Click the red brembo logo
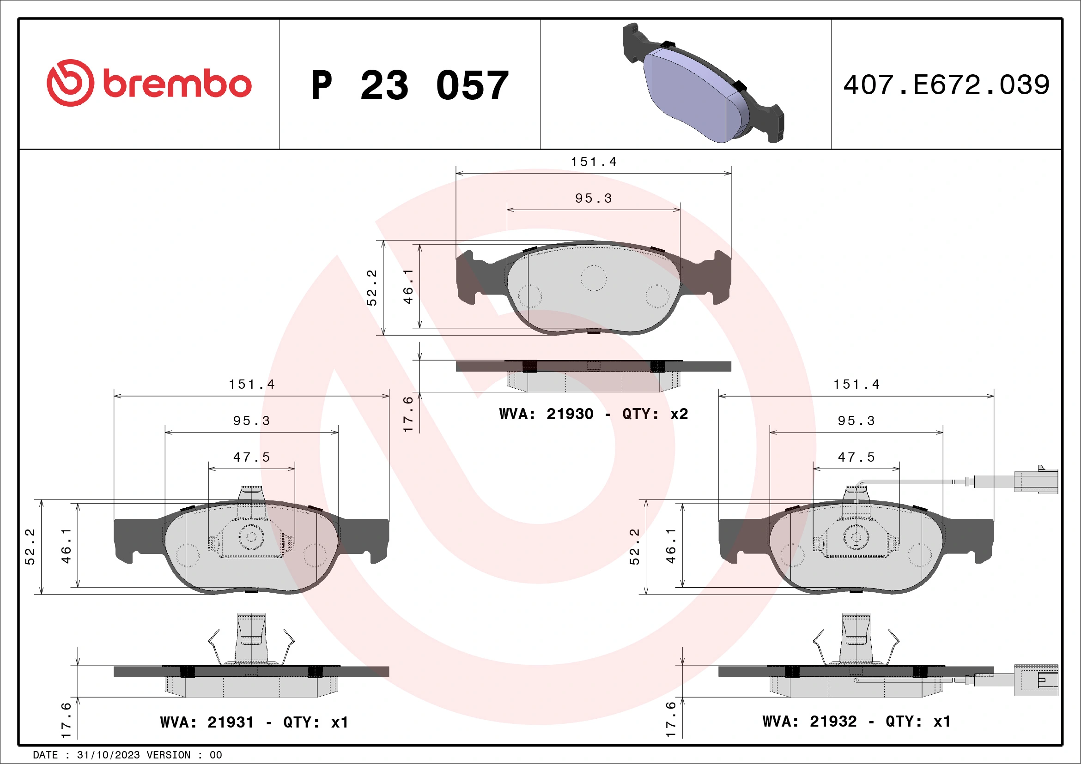149,83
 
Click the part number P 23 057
409,85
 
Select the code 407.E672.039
946,85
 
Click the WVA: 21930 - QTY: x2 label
593,414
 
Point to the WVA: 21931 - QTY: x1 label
254,722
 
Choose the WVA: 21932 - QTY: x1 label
856,721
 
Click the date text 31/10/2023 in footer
108,755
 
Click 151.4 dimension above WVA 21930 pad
593,162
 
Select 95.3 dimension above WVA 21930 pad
593,199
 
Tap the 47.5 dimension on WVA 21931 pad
251,457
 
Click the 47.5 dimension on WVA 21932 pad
856,457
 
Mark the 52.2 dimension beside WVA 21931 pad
30,547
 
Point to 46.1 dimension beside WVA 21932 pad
670,546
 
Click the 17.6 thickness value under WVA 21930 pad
408,414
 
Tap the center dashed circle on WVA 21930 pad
593,278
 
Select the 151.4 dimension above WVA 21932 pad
856,385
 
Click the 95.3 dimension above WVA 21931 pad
251,421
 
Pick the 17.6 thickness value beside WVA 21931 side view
66,720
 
